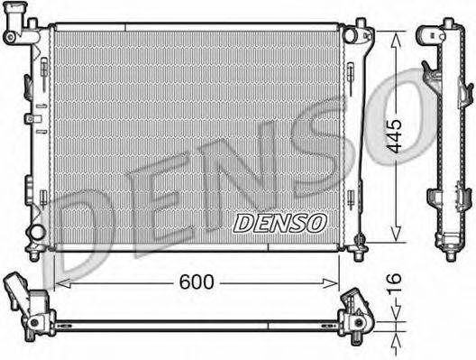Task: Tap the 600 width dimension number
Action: tap(196, 282)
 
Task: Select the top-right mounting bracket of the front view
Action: tap(363, 36)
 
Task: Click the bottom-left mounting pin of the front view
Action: tap(35, 254)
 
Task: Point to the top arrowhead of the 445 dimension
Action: tap(395, 33)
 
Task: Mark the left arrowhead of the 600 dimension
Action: tap(59, 282)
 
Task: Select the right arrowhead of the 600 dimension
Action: tap(335, 282)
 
